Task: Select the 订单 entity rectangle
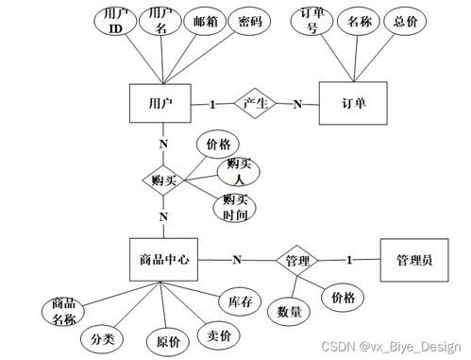[354, 104]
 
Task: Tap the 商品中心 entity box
[162, 259]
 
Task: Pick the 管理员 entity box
[414, 259]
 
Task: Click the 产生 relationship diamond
[253, 103]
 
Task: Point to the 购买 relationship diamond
[162, 179]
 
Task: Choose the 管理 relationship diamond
[298, 259]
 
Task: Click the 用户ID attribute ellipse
[117, 22]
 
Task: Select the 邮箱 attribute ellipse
[205, 21]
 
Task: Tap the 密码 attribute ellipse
[249, 21]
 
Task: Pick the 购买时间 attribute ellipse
[235, 207]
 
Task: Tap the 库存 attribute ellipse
[240, 301]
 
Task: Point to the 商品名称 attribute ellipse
[64, 311]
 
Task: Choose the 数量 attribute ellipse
[289, 311]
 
